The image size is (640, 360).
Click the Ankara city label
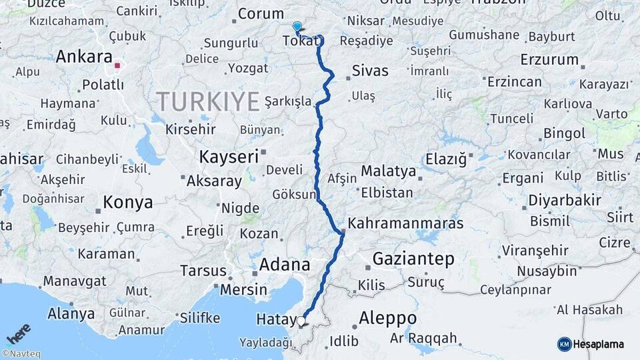point(83,57)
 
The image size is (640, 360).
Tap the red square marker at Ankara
point(117,65)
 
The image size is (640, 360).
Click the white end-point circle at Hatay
point(301,322)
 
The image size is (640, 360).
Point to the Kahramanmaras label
point(405,224)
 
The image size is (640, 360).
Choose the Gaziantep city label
point(413,259)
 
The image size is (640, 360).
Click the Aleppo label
point(388,318)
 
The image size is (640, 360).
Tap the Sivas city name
point(369,71)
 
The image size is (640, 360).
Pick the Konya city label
point(128,202)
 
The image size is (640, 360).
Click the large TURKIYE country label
point(207,102)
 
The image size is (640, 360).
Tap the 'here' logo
point(19,333)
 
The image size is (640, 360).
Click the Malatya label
point(388,171)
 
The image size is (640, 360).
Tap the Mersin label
point(243,290)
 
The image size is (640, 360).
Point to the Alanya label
point(70,313)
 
